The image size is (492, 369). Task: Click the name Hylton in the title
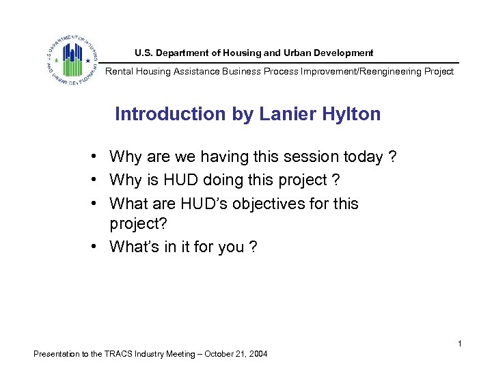pyautogui.click(x=349, y=114)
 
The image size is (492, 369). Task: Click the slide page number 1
pyautogui.click(x=460, y=343)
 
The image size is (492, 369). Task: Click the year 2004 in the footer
pyautogui.click(x=258, y=354)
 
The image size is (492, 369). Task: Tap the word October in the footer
pyautogui.click(x=216, y=354)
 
